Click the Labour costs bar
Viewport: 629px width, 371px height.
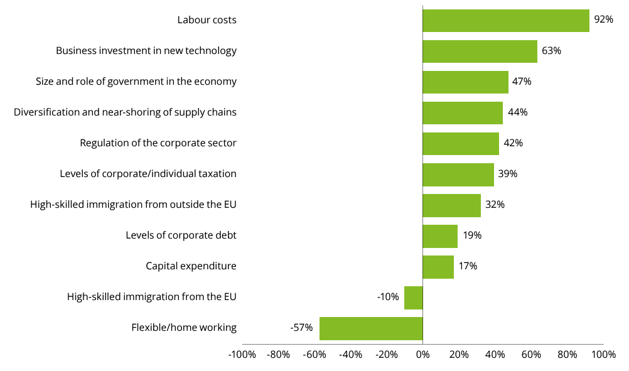[x=505, y=20]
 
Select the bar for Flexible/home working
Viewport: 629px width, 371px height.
[x=370, y=328]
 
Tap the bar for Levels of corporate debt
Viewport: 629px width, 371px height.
[x=439, y=235]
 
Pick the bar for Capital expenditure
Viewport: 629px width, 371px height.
[x=438, y=266]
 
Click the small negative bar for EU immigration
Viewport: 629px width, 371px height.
[x=413, y=297]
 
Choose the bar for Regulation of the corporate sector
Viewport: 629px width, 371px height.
[x=460, y=143]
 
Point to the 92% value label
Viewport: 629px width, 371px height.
[x=603, y=19]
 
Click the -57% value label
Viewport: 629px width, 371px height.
[x=301, y=328]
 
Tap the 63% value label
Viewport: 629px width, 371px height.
[x=551, y=50]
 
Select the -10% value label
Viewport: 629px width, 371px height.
[x=388, y=297]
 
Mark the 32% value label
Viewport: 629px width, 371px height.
[x=495, y=205]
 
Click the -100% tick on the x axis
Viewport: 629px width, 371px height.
[x=242, y=355]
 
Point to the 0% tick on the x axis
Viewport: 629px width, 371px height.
[x=422, y=355]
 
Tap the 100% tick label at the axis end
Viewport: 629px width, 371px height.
[x=603, y=355]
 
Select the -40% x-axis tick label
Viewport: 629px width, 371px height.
[x=350, y=355]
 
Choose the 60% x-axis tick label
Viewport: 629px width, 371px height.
[x=531, y=355]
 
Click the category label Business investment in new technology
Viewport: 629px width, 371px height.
[x=146, y=51]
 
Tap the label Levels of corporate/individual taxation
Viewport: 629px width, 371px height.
[x=148, y=174]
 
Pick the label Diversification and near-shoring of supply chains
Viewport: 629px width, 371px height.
[x=125, y=112]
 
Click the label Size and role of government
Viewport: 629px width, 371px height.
[x=136, y=82]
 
